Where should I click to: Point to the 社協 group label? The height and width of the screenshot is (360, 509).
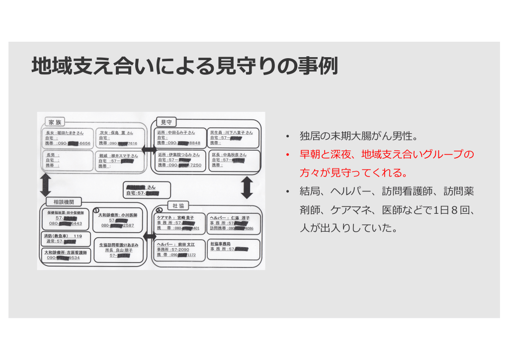pyautogui.click(x=178, y=205)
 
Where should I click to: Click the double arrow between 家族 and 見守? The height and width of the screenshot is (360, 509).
pyautogui.click(x=149, y=149)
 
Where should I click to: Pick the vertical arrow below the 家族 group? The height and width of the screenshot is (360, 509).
pyautogui.click(x=45, y=184)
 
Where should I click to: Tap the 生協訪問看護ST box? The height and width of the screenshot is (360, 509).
pyautogui.click(x=119, y=250)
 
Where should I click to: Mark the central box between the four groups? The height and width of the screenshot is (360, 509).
pyautogui.click(x=147, y=190)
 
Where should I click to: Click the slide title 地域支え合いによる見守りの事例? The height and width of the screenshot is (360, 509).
pyautogui.click(x=184, y=66)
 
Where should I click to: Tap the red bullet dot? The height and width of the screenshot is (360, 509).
pyautogui.click(x=287, y=155)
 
